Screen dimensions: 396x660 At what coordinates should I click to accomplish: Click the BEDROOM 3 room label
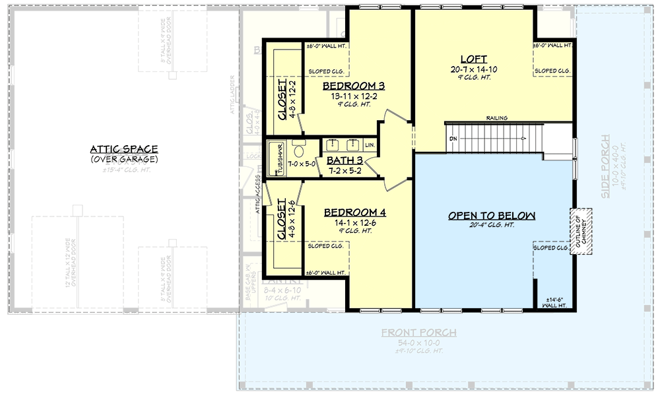(x=353, y=86)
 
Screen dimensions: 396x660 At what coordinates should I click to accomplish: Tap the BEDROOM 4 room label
(x=354, y=213)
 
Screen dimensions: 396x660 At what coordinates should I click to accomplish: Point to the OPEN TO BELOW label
(x=492, y=216)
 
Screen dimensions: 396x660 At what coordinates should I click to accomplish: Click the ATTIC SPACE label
(x=125, y=149)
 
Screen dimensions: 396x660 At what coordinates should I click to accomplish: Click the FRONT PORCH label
(x=418, y=333)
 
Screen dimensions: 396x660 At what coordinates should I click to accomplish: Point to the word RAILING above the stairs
(x=497, y=118)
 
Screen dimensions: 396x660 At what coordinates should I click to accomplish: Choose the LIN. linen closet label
(x=370, y=145)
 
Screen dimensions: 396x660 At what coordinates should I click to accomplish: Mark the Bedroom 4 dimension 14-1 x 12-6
(x=354, y=223)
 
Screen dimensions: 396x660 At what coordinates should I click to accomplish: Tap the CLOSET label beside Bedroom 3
(x=282, y=100)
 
